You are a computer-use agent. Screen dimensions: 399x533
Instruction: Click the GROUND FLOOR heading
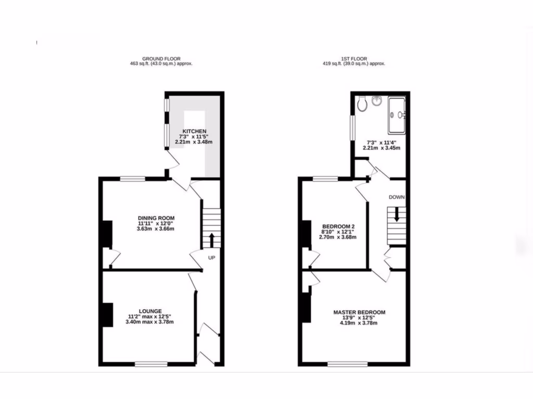[161, 59]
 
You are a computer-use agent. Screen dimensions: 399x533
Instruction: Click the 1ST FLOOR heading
[353, 59]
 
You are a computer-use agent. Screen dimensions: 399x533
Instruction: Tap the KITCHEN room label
[194, 131]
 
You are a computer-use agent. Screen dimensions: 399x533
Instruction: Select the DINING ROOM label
[156, 218]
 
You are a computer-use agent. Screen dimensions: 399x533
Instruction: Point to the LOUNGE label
[150, 311]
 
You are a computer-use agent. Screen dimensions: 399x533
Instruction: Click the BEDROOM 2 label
[338, 227]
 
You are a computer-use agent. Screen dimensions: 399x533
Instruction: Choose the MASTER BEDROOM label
[359, 312]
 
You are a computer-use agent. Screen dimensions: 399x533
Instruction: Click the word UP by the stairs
[212, 258]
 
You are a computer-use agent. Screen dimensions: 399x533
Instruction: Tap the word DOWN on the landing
[397, 197]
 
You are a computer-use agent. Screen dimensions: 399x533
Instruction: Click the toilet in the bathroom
[363, 105]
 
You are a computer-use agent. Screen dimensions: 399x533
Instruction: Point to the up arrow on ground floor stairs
[212, 241]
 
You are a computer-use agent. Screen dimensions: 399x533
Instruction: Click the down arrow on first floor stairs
[397, 214]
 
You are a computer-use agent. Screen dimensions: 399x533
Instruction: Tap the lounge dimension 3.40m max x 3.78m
[150, 322]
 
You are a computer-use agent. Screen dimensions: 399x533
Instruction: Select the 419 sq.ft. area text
[353, 64]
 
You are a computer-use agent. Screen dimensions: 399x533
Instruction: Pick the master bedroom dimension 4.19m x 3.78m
[359, 323]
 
